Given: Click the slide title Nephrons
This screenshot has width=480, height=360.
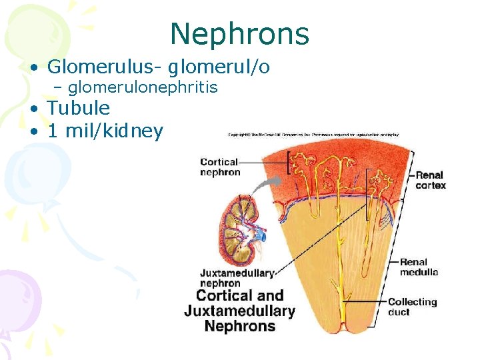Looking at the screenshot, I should [239, 33].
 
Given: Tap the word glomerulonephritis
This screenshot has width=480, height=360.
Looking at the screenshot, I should [143, 87].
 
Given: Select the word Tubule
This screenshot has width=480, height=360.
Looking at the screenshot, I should [79, 108].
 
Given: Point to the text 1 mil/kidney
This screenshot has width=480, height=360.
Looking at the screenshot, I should [105, 131].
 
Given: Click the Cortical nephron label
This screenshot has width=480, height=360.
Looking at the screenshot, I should [220, 167].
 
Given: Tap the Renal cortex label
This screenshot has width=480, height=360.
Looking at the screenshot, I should [431, 180].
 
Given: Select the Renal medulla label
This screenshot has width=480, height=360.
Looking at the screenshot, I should [419, 267].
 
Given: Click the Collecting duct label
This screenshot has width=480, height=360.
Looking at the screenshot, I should [412, 307].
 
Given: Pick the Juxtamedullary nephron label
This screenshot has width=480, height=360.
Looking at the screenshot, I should [227, 277].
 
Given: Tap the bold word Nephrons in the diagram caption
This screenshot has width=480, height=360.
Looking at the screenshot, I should [239, 327].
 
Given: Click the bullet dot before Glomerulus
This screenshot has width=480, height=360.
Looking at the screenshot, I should [33, 68].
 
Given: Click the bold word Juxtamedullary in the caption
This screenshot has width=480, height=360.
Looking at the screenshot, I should [239, 311].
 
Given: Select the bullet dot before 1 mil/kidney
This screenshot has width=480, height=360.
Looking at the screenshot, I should [33, 132].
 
